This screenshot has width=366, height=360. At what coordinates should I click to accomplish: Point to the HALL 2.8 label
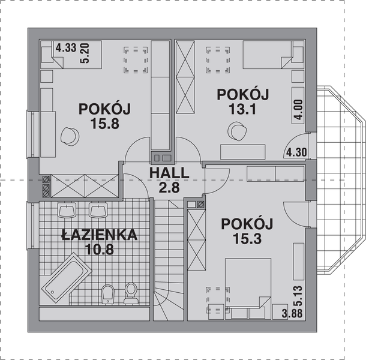169,179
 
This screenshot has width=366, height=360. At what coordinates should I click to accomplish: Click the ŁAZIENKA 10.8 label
100,241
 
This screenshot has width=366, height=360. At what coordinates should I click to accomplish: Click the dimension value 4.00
298,112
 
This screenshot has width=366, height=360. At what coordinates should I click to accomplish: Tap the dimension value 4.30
297,152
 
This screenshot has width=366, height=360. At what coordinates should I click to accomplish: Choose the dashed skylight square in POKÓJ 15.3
217,297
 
